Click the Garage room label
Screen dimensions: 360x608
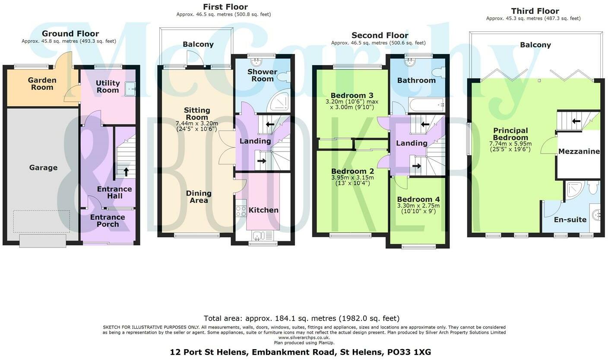coord(43,167)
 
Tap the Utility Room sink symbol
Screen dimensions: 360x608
coord(130,89)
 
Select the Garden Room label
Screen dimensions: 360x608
coord(42,83)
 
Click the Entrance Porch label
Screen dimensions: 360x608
coord(108,221)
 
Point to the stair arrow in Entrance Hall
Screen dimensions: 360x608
coord(126,172)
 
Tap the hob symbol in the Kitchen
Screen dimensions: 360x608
coord(241,211)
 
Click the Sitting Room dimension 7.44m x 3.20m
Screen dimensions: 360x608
coord(197,123)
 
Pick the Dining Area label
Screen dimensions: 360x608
coord(199,197)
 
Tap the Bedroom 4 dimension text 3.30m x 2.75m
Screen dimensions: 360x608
coord(418,206)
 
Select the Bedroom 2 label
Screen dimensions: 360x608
coord(352,171)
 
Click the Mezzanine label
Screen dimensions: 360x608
coord(579,152)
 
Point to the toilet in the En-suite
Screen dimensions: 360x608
coord(593,188)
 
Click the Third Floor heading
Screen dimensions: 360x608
coord(535,11)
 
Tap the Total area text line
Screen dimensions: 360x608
coord(301,319)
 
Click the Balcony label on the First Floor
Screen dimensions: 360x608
coord(198,44)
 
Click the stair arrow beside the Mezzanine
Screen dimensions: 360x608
coord(576,121)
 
